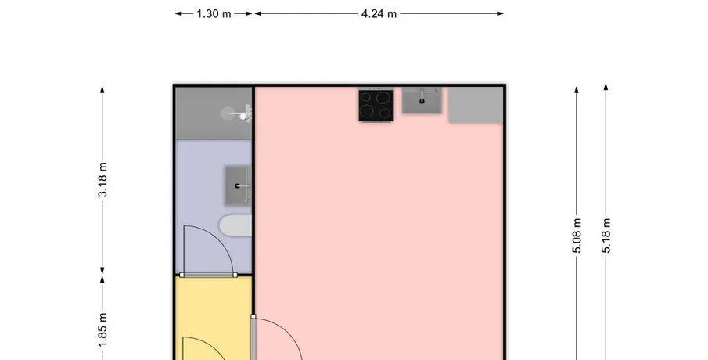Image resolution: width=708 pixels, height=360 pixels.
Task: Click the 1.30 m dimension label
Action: point(214,14)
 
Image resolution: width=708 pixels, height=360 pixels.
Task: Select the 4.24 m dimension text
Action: point(379,14)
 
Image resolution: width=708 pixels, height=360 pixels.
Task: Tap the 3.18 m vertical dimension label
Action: point(103,179)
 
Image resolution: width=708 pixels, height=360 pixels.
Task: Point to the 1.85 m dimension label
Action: point(103,330)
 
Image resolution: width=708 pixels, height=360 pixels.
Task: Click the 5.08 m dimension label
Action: point(577,236)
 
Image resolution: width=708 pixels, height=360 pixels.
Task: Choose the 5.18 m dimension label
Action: point(606,236)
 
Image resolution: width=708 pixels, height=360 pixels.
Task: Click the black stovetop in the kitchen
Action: point(376,105)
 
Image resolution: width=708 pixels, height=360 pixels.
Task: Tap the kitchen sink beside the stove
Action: point(422,100)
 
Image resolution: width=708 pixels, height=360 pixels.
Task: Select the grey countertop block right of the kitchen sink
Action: point(476,105)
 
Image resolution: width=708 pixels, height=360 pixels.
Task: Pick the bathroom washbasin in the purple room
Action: point(238,185)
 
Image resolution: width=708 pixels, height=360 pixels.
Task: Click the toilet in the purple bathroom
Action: point(235,225)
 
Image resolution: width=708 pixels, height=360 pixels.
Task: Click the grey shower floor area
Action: point(213,113)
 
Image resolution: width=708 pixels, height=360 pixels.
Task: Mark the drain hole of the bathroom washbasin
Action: point(238,185)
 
